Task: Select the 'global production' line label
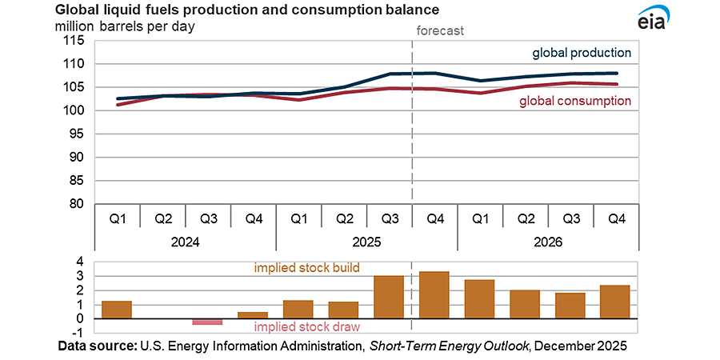[x=582, y=53]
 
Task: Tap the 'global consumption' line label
[x=575, y=101]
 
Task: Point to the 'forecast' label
[x=441, y=31]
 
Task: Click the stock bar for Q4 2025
[x=434, y=294]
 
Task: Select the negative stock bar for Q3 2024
[x=207, y=322]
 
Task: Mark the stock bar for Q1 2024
[x=117, y=310]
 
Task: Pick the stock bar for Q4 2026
[x=615, y=302]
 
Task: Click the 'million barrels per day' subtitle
[x=124, y=26]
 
